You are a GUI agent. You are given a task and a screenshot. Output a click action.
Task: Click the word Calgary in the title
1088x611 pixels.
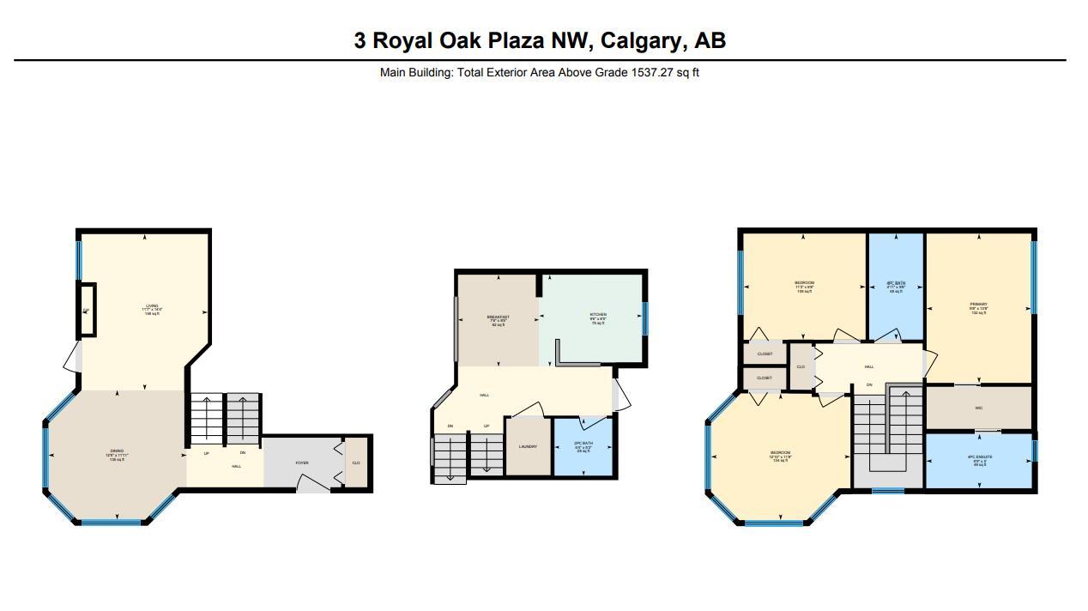click(638, 40)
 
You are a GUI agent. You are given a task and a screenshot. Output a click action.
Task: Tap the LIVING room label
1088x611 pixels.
click(152, 306)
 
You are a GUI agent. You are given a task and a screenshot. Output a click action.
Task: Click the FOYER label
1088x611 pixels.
click(302, 463)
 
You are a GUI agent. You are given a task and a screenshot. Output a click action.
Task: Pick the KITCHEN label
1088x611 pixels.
click(598, 315)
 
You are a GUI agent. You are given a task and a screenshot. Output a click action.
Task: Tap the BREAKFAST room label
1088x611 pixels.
click(499, 318)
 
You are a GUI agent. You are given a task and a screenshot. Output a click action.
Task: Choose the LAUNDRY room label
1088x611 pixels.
click(528, 446)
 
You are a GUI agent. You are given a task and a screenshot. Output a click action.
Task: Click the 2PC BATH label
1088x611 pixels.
click(583, 444)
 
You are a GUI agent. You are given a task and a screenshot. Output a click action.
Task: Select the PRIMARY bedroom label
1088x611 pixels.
click(979, 305)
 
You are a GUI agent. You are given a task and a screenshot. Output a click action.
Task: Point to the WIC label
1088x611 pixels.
click(979, 408)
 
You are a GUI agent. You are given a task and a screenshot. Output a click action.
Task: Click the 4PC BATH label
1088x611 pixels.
click(896, 284)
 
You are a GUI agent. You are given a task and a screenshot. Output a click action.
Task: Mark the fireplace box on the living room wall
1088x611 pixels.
click(88, 310)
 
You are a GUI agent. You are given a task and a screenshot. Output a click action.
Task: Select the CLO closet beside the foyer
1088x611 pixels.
click(356, 463)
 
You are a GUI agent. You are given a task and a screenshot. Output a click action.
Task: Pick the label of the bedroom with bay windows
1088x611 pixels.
click(780, 453)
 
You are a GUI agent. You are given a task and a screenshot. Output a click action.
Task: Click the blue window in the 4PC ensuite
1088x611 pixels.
click(1034, 451)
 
